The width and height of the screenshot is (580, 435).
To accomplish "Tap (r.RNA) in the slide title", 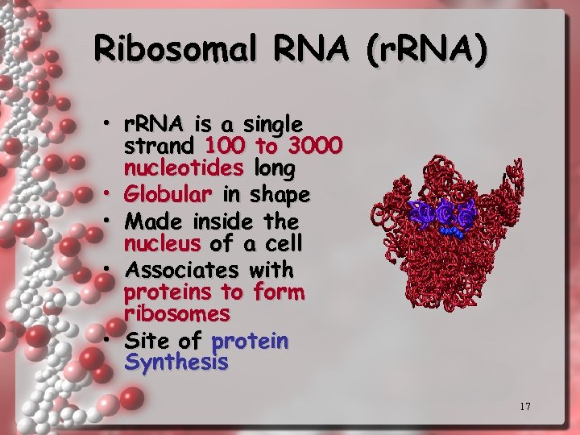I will click(x=426, y=50).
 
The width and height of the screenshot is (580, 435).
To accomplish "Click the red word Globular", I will click(x=168, y=195).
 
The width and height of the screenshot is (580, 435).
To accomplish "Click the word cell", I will click(x=284, y=242).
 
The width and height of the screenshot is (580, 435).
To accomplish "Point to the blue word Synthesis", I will click(x=176, y=363).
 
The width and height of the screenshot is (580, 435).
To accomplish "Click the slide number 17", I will click(x=524, y=406).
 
